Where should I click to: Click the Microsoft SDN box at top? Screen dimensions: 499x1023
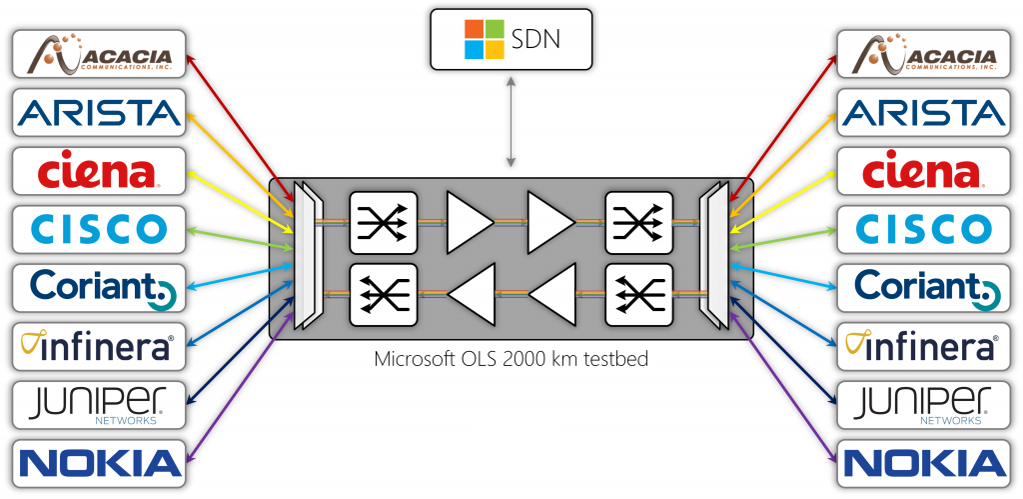(x=511, y=40)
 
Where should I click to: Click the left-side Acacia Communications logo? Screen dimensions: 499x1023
(x=99, y=54)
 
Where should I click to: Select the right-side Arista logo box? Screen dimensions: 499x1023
(x=920, y=112)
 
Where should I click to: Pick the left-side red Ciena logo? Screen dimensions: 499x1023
(x=99, y=170)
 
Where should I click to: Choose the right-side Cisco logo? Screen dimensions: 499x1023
(x=920, y=228)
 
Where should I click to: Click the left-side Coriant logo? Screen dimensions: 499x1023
(x=99, y=286)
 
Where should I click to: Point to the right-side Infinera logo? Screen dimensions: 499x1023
(x=920, y=345)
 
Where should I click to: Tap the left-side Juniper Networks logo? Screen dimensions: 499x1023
(x=99, y=403)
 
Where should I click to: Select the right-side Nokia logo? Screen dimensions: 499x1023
(x=920, y=461)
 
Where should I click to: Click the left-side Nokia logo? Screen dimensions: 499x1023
(x=99, y=461)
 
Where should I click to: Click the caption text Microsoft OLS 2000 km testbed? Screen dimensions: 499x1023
(x=511, y=358)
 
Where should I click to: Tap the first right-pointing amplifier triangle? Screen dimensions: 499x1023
(x=469, y=221)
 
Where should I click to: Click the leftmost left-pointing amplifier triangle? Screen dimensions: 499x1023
(x=472, y=295)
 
